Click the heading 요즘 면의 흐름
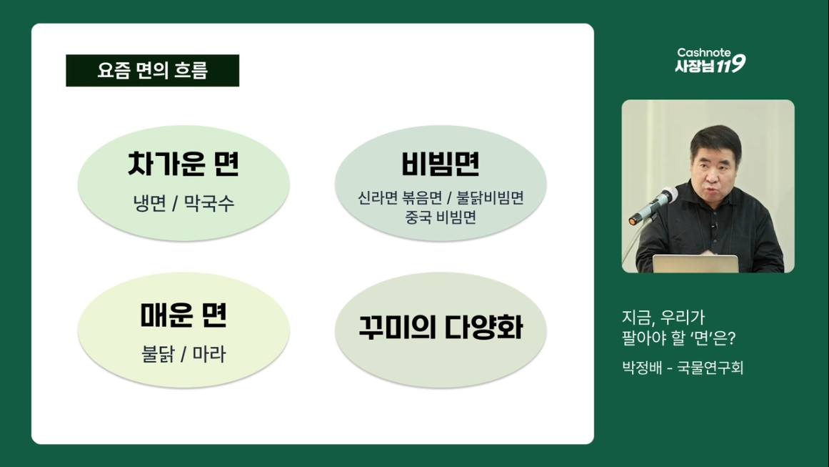click(x=152, y=70)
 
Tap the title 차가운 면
click(x=184, y=164)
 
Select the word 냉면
click(x=150, y=203)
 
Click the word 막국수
click(x=208, y=203)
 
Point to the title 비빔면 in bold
click(x=441, y=164)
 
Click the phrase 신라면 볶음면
click(x=400, y=198)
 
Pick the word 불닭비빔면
click(x=490, y=198)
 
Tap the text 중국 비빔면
click(x=441, y=217)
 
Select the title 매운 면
click(x=184, y=315)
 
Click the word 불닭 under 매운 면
click(x=158, y=354)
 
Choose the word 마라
click(x=208, y=354)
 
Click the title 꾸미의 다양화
click(x=441, y=328)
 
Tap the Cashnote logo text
click(x=704, y=52)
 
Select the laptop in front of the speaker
click(x=695, y=264)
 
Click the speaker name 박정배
click(x=642, y=368)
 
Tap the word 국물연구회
click(x=710, y=368)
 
